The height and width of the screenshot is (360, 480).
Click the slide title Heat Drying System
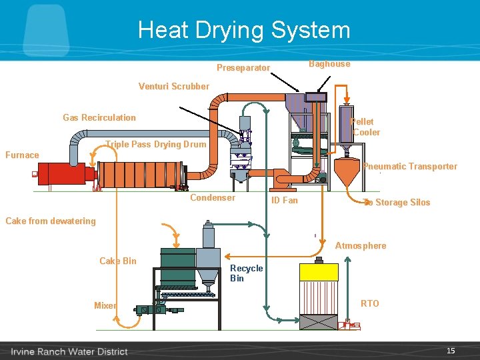244,30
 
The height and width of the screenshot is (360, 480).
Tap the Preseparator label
243,68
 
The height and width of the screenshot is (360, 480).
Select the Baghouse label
329,64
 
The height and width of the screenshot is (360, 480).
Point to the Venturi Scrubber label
173,86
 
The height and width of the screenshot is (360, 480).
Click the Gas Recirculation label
99,117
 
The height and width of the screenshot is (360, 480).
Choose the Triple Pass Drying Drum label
157,144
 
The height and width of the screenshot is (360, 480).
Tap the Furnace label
22,155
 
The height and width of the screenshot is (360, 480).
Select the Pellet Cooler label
364,127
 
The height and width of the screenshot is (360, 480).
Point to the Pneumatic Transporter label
411,167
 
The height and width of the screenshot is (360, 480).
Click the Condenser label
213,197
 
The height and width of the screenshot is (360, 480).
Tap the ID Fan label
285,200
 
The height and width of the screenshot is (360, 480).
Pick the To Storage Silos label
397,203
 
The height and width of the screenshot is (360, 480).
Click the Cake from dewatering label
51,221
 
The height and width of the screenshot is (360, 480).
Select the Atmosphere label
361,245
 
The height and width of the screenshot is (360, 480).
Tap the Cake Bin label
118,261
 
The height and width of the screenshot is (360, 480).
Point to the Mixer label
105,305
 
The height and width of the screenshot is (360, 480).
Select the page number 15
451,351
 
